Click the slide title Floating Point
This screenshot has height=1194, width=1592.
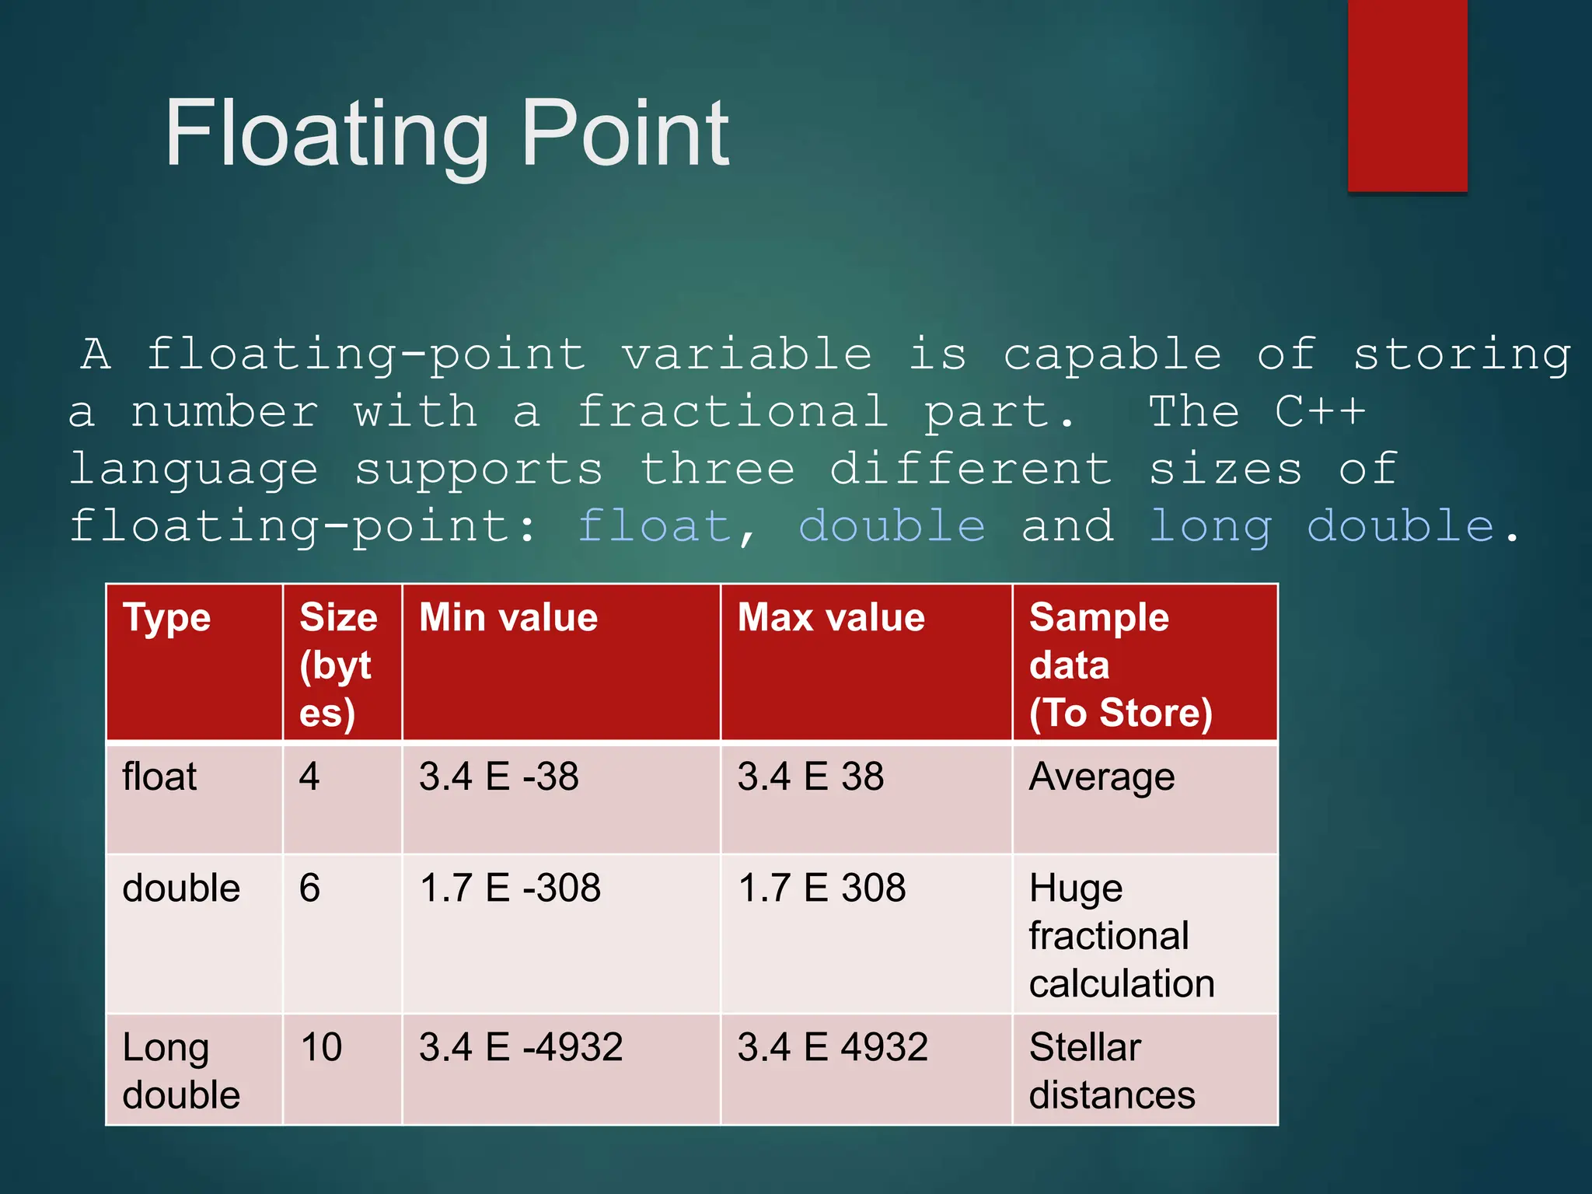447,134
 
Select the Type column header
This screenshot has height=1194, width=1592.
167,619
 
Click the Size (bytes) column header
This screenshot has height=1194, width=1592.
339,665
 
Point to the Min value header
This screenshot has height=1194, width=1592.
508,619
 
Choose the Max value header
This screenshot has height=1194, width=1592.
831,619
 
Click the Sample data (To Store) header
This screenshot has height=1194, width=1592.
1120,665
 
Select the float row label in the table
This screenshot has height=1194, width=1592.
159,777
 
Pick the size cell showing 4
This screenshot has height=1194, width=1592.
309,777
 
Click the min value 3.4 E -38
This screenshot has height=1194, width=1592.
499,777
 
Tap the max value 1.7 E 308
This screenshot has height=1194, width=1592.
822,889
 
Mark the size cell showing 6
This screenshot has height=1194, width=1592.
309,889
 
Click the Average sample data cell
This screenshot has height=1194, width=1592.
1101,777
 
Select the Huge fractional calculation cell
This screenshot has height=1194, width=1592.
1121,936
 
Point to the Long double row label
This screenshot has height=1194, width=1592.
181,1070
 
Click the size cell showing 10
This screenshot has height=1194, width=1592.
321,1047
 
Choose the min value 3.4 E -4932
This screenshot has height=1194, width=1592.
521,1047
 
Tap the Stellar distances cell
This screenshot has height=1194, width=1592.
1112,1070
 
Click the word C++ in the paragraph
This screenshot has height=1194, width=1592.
1319,411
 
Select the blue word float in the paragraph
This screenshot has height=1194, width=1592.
655,526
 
